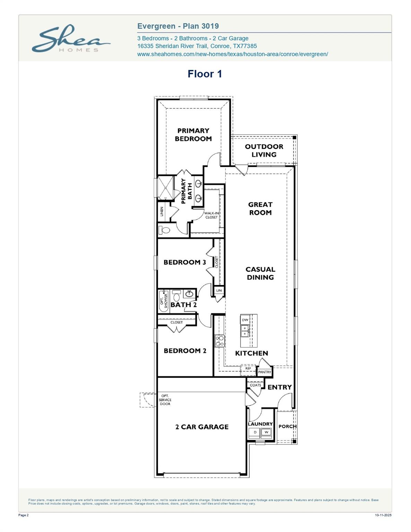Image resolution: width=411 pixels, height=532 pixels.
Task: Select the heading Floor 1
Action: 204,74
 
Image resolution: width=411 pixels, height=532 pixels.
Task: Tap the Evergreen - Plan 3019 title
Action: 178,26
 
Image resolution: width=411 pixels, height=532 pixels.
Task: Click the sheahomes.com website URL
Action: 232,54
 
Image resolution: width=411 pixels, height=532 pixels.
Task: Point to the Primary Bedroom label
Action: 193,135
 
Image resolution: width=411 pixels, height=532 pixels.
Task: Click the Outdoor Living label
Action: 264,151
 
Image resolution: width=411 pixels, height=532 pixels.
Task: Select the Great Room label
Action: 260,209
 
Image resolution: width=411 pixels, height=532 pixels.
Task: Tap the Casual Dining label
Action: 260,273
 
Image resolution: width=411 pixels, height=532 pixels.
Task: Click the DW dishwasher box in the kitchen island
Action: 245,320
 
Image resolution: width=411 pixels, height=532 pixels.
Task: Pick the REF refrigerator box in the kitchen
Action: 248,369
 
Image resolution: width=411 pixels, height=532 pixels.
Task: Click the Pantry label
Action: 265,372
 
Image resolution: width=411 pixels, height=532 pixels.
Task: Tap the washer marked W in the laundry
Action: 266,432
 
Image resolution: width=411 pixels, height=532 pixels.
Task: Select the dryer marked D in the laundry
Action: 255,432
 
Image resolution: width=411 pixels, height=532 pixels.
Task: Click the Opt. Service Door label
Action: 165,400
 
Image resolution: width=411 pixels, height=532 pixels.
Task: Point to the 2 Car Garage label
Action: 202,427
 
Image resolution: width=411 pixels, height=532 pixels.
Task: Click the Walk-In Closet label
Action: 211,215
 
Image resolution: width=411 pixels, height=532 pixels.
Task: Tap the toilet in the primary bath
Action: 165,230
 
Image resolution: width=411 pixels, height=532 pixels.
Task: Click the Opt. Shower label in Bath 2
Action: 164,301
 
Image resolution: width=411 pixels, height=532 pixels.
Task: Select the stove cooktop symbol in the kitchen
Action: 219,340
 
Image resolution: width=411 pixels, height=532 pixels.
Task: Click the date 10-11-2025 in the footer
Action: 383,515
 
